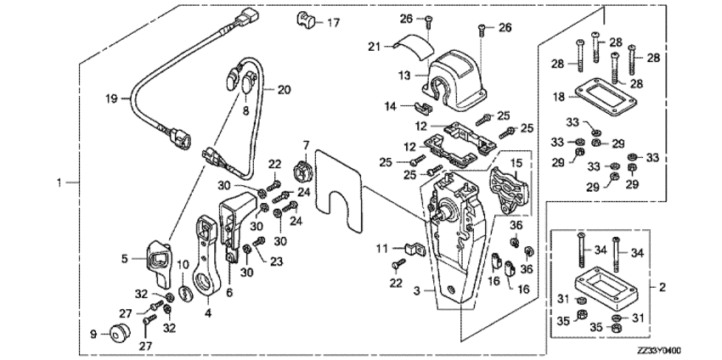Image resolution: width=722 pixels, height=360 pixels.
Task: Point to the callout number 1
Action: [x=58, y=182]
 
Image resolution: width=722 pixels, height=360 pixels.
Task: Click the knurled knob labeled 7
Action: [x=304, y=173]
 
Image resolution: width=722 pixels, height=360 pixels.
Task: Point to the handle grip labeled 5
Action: [x=159, y=259]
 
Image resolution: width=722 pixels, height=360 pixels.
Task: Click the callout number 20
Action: [x=283, y=88]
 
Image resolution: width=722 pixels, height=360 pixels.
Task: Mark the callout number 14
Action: [x=394, y=107]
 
